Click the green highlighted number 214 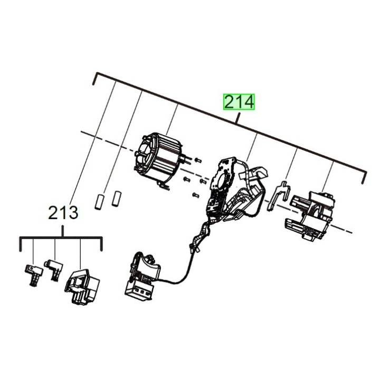coord(239,102)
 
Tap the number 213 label coord(63,213)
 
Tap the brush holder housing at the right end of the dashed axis coord(311,214)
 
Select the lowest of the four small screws coord(195,196)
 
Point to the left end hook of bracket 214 coord(94,79)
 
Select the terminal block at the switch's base coord(138,290)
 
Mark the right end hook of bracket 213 coord(100,245)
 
